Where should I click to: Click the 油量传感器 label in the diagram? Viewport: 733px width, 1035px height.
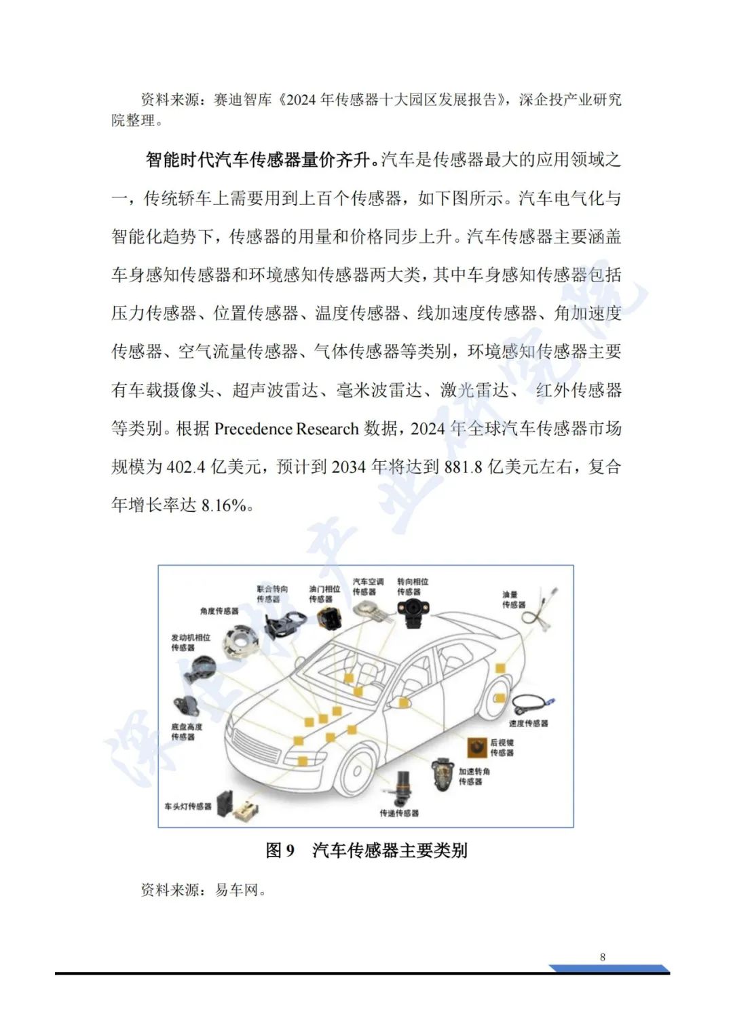point(513,600)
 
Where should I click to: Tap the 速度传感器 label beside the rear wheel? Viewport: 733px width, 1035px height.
point(528,724)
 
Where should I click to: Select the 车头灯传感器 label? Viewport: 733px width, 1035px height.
point(187,806)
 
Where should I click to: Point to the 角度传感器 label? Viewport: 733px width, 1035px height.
point(219,611)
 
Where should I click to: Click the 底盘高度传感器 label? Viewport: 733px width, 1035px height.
point(186,732)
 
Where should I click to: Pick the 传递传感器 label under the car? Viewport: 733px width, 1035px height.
point(399,813)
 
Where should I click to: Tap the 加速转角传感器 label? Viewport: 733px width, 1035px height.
point(474,777)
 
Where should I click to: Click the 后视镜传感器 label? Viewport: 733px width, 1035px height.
point(502,747)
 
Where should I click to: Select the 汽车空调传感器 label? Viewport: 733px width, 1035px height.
point(368,587)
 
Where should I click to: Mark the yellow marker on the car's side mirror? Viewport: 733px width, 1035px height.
point(404,703)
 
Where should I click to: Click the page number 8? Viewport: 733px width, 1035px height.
point(603,957)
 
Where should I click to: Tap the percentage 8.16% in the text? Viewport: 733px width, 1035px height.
point(223,505)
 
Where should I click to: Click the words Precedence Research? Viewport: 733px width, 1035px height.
point(286,429)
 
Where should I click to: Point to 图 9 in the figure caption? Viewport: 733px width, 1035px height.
point(280,851)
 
